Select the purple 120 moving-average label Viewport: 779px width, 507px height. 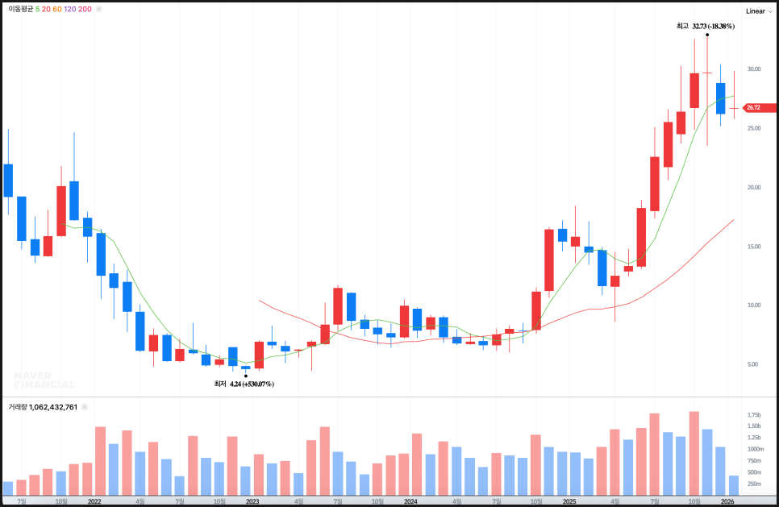coord(70,9)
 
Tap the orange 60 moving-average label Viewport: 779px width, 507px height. coord(57,9)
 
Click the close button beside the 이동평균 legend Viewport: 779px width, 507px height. coord(99,9)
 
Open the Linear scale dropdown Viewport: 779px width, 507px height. coord(759,10)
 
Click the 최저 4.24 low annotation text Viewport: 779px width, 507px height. coord(244,384)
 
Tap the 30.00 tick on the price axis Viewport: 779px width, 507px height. coord(753,69)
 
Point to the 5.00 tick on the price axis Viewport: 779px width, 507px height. coord(753,364)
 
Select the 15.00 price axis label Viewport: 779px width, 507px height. coord(753,246)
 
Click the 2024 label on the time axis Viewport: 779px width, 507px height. coord(410,501)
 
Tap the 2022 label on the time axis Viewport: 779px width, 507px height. coord(94,501)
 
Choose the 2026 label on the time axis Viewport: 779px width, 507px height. coord(727,501)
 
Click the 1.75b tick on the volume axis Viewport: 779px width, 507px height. coord(754,414)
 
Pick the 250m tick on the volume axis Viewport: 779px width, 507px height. coord(754,484)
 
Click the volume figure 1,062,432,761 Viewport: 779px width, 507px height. coord(54,407)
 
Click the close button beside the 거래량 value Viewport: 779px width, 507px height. coord(85,407)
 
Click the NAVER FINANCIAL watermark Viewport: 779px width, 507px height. coord(44,380)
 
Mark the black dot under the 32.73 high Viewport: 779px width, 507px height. coord(707,35)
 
